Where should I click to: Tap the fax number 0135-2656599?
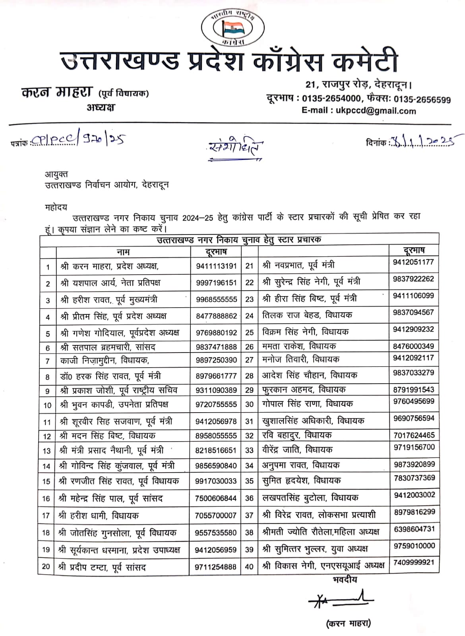click(422, 99)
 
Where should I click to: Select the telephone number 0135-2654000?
click(331, 99)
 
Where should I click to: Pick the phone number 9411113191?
click(216, 266)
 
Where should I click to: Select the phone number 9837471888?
click(216, 347)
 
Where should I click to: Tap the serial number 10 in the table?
click(47, 405)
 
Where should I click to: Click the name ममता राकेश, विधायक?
click(299, 346)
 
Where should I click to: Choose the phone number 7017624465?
click(414, 435)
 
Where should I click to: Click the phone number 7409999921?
click(414, 562)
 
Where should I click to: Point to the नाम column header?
click(123, 252)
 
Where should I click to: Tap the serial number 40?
click(249, 566)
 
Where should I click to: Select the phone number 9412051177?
click(413, 262)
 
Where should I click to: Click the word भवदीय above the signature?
click(345, 580)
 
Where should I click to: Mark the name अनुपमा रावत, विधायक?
click(300, 465)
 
